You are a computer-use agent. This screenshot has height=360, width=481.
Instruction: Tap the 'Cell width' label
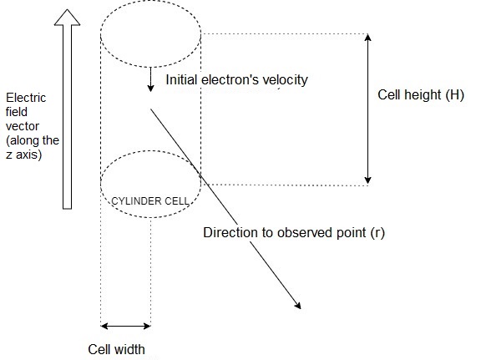[x=119, y=349]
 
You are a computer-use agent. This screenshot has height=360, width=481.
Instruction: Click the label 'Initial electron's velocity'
[x=237, y=80]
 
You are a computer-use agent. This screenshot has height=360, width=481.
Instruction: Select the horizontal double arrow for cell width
[x=126, y=326]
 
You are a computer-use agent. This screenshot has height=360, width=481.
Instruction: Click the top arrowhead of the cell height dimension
[x=367, y=38]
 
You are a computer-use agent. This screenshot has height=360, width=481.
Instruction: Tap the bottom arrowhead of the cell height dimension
[x=367, y=179]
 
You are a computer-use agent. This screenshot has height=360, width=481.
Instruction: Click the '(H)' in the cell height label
[x=453, y=94]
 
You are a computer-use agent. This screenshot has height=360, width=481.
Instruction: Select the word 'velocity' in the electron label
[x=285, y=80]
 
